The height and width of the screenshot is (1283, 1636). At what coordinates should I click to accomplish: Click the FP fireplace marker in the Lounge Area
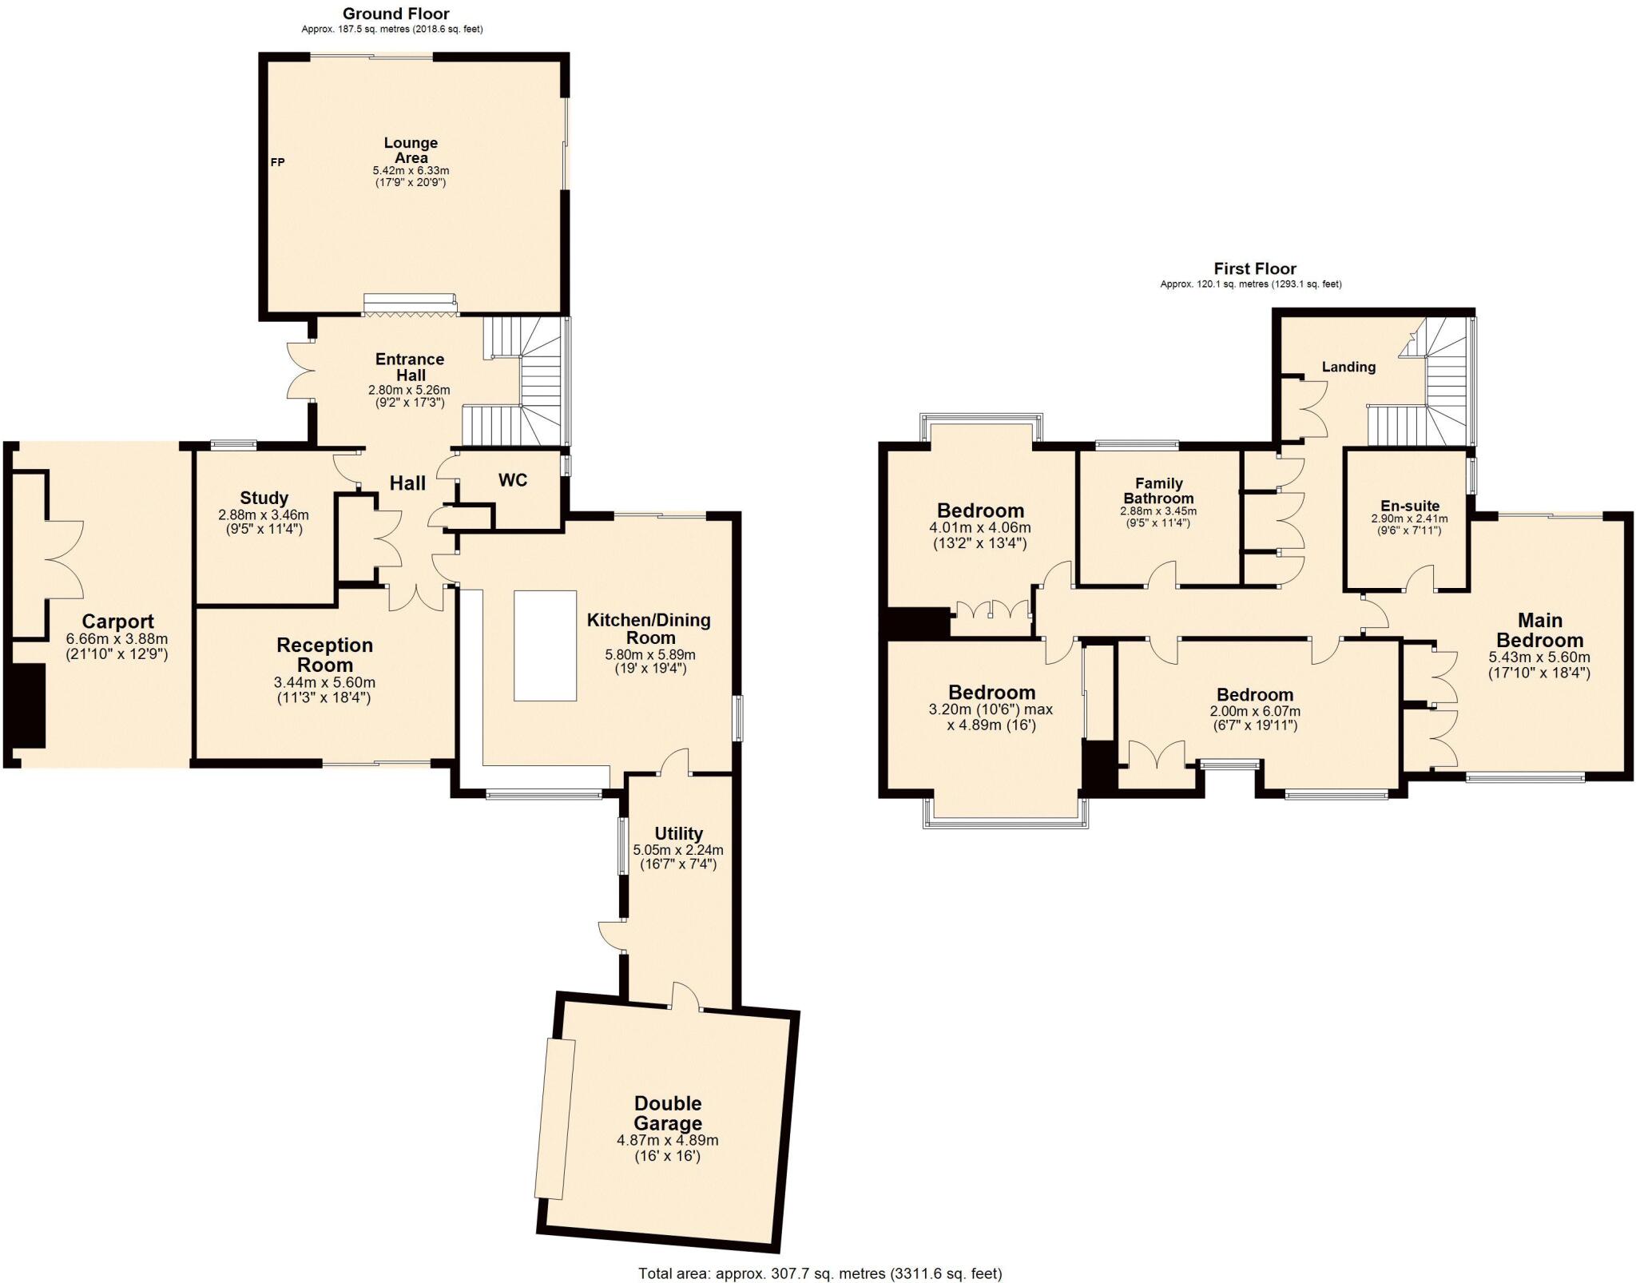click(x=277, y=162)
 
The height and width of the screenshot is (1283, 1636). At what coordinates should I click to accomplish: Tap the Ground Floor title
click(x=395, y=14)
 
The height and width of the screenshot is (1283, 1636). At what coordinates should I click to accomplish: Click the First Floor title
click(x=1255, y=268)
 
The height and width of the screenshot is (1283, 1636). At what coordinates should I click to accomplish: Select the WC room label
click(x=513, y=480)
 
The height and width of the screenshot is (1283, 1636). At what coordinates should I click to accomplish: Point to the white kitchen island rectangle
click(x=545, y=645)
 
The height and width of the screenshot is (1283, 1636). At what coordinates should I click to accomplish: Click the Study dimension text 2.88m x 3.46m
click(x=264, y=515)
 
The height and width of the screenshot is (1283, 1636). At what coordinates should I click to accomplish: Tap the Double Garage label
click(x=668, y=1114)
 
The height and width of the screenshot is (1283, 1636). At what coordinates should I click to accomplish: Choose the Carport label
click(x=118, y=622)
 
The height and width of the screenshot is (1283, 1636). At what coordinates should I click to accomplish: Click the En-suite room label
click(x=1410, y=506)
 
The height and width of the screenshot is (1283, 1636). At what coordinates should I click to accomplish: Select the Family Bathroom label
click(x=1158, y=491)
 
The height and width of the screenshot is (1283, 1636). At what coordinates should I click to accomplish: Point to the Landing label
click(x=1348, y=367)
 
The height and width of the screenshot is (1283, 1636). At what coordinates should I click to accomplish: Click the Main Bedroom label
click(x=1539, y=630)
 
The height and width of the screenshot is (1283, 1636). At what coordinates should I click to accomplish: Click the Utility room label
click(x=679, y=834)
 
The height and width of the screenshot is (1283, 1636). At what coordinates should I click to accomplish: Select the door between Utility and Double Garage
click(x=685, y=996)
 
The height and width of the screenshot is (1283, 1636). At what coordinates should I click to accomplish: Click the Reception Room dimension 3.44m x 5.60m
click(x=324, y=683)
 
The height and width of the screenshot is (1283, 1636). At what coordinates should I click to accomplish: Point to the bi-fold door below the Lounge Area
click(x=411, y=304)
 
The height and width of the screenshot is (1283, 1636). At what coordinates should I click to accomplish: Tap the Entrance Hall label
click(x=410, y=367)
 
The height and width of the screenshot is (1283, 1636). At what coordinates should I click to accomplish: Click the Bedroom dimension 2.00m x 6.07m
click(x=1255, y=711)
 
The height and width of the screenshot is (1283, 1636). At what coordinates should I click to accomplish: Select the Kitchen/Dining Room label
click(x=649, y=629)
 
